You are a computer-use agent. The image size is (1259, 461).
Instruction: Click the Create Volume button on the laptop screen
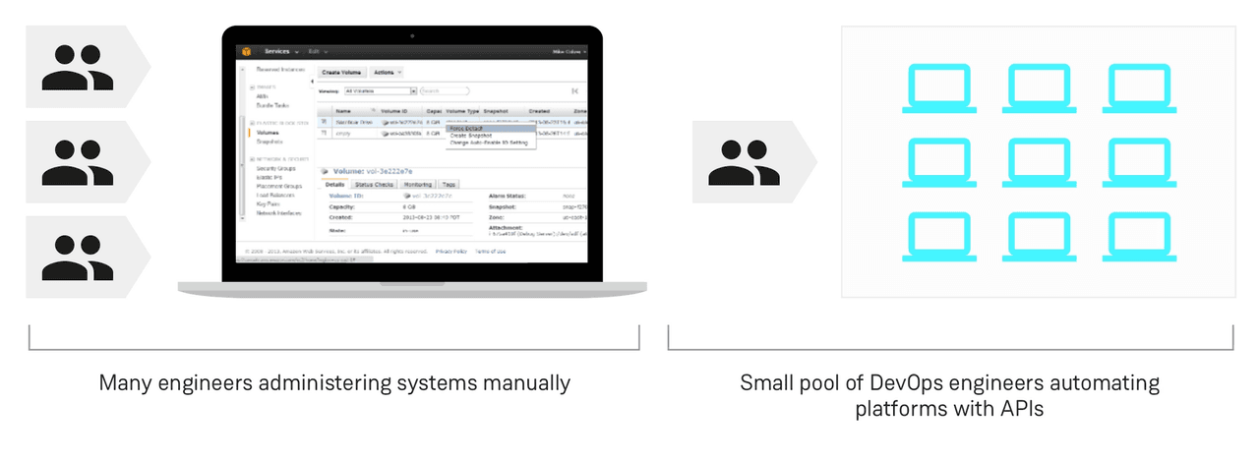(343, 72)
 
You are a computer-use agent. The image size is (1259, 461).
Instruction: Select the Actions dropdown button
(386, 72)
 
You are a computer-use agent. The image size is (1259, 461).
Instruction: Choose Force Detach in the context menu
(468, 128)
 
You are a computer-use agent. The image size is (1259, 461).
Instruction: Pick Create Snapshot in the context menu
(472, 136)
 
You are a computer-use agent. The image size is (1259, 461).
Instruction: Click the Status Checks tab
(375, 184)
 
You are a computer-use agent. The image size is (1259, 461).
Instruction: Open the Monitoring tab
(418, 184)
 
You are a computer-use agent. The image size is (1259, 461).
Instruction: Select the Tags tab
(449, 184)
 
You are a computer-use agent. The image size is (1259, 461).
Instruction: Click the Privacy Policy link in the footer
(451, 252)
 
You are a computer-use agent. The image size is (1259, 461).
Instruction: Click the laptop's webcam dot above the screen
(412, 35)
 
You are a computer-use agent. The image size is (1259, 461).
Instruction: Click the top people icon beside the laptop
(77, 66)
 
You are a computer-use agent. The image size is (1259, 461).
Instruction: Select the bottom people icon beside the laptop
(77, 257)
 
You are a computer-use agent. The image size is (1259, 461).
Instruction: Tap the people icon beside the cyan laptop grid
(743, 161)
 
